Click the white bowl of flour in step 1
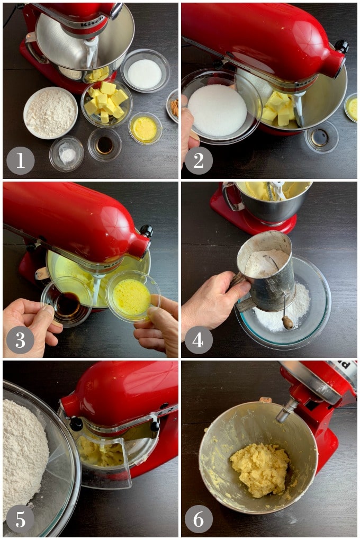coord(51,113)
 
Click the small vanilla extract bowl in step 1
coord(104,145)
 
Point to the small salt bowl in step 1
coord(67,154)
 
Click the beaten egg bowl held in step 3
coord(132,295)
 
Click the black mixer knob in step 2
coord(342,47)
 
